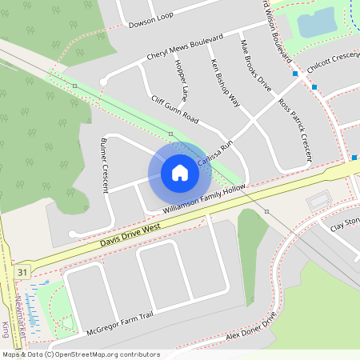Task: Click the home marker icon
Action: coord(180,172)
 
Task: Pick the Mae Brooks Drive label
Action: coord(255,66)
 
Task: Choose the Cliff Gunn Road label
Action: coord(174,108)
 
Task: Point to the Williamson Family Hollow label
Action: coord(204,198)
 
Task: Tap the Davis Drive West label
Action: coord(131,234)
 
